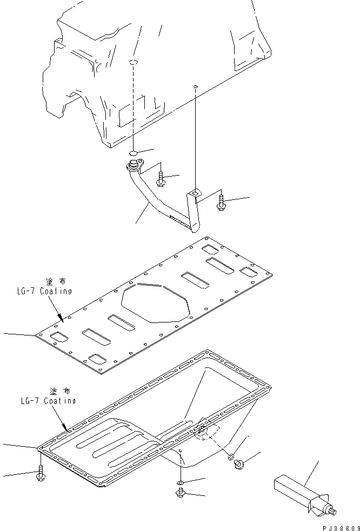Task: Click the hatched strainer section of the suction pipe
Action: pyautogui.click(x=179, y=219)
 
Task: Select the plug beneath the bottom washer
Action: pyautogui.click(x=180, y=492)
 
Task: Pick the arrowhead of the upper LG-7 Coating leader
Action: pyautogui.click(x=62, y=319)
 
